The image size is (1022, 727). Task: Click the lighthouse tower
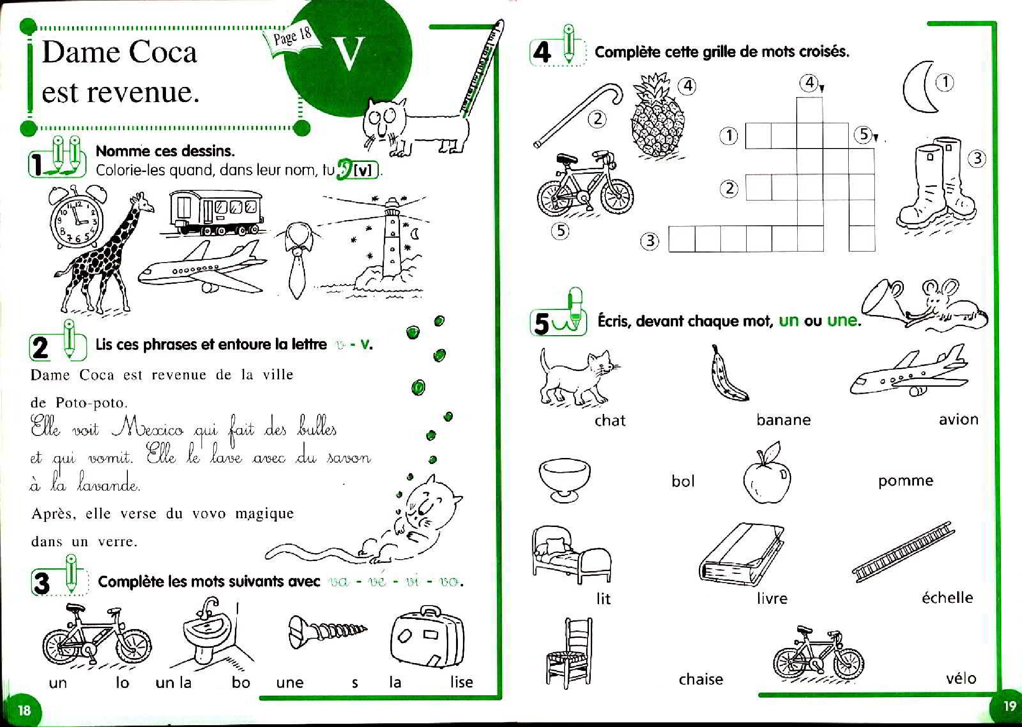[392, 239]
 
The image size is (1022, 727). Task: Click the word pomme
[905, 481]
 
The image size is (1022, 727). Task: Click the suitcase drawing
[427, 637]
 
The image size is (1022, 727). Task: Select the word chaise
[701, 679]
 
